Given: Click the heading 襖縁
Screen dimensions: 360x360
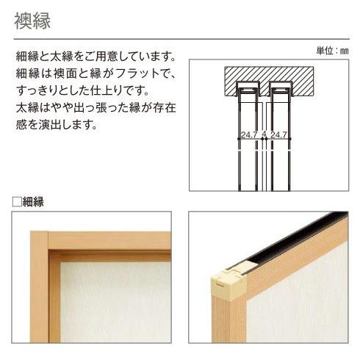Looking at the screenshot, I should tap(32, 21).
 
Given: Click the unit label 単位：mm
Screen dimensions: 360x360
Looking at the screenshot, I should tap(331, 51).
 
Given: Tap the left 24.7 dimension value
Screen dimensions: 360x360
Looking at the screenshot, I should tap(248, 135).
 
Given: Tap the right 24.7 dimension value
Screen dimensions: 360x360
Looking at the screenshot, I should tap(278, 135).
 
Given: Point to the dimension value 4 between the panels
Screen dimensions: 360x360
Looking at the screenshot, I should tap(263, 135).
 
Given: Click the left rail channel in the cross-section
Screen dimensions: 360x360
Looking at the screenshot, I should tap(248, 91).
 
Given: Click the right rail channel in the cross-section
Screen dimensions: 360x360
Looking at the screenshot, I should tap(278, 91).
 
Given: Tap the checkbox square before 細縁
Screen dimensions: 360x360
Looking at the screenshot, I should tap(17, 202).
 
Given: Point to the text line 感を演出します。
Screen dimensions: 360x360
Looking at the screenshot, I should tap(55, 125).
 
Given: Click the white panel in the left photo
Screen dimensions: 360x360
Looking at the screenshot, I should tap(110, 301).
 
